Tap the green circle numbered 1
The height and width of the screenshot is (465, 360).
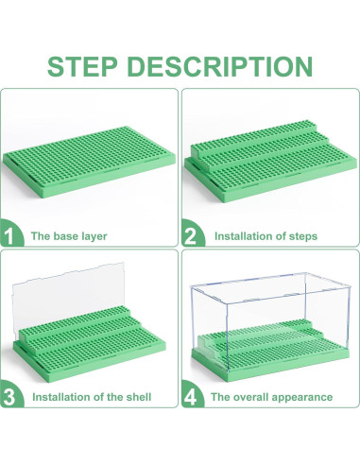click(x=12, y=234)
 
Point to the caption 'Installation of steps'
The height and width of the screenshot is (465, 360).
click(x=266, y=235)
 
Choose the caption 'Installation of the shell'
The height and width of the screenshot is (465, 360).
click(x=91, y=396)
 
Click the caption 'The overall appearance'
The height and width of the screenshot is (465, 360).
click(x=271, y=396)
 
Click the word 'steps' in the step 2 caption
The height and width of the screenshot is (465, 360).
click(x=301, y=235)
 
